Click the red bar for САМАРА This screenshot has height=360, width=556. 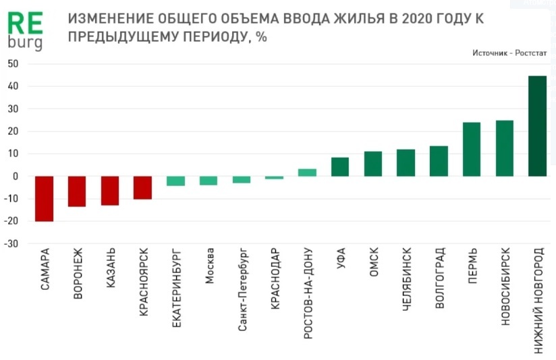pyautogui.click(x=45, y=198)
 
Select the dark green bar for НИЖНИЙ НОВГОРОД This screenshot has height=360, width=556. pyautogui.click(x=537, y=126)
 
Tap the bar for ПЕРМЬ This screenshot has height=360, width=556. pyautogui.click(x=472, y=149)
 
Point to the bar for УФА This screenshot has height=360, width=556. pyautogui.click(x=340, y=167)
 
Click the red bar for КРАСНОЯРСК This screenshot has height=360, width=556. pyautogui.click(x=142, y=187)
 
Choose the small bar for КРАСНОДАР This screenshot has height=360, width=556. pyautogui.click(x=275, y=177)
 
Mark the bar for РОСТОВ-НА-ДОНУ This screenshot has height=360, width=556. pyautogui.click(x=307, y=173)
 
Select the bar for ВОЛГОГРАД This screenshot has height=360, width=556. pyautogui.click(x=439, y=161)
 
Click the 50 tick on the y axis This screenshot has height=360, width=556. pyautogui.click(x=13, y=64)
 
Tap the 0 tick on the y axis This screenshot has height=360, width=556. pyautogui.click(x=15, y=177)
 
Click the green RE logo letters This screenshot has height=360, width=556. pyautogui.click(x=24, y=24)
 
